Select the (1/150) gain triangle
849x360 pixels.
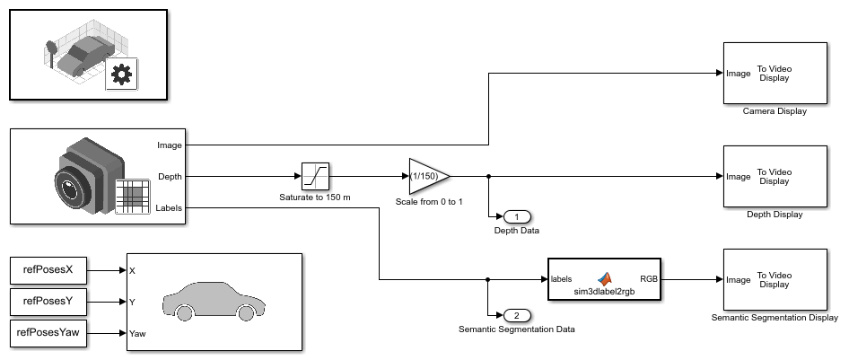(427, 176)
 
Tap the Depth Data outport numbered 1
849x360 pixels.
(518, 216)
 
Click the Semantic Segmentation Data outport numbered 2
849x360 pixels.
(518, 315)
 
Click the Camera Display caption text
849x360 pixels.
(775, 111)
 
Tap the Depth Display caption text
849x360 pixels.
(775, 215)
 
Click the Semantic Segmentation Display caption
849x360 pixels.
(775, 317)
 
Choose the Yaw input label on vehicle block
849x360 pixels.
(138, 333)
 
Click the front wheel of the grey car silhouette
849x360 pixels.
(186, 313)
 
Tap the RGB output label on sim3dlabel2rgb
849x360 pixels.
(647, 279)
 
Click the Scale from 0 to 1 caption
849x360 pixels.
(429, 201)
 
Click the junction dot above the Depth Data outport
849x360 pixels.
(487, 176)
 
